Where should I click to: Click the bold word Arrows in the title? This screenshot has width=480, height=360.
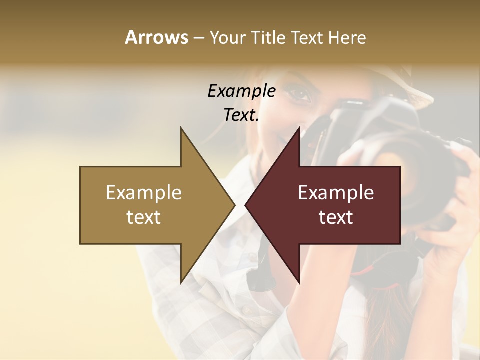coord(157,37)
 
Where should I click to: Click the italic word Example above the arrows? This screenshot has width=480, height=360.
coord(241,91)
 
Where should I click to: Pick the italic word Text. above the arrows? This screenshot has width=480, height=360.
coord(241,115)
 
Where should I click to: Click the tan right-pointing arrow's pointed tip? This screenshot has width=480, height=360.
coord(234,204)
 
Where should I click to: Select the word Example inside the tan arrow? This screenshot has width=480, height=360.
coord(144,192)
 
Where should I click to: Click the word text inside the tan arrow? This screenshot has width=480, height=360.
coord(144,217)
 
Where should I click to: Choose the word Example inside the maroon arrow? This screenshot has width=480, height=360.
coord(336,192)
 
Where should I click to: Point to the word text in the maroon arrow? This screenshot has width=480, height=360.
coord(336,217)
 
